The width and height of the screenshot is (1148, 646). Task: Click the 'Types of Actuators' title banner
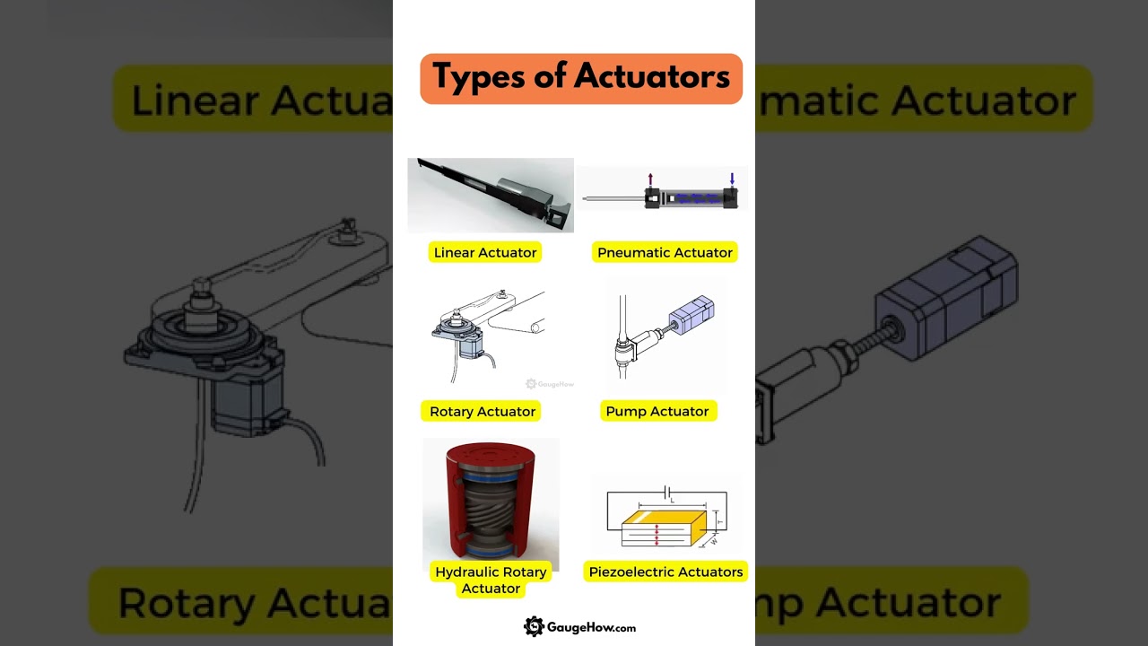(581, 78)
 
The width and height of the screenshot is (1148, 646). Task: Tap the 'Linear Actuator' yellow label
(485, 252)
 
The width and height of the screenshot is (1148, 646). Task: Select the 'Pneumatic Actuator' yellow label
(665, 252)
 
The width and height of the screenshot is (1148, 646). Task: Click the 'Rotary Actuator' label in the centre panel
(483, 411)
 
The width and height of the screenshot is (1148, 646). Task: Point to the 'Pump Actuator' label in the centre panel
(657, 411)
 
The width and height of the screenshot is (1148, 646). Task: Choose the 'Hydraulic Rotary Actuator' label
(491, 580)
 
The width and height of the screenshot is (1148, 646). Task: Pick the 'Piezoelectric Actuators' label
(665, 572)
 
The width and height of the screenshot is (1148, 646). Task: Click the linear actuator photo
(491, 195)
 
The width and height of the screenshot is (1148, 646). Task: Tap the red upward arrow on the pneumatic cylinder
(650, 179)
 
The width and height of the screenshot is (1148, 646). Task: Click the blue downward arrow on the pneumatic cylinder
(732, 179)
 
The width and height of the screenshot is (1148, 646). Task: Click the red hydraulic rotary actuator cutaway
(491, 504)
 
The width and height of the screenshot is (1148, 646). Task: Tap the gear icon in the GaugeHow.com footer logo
(534, 627)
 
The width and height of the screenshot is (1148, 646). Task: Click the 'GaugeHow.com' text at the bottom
(591, 628)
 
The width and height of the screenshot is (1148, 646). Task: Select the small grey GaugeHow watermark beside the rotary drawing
(550, 384)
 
